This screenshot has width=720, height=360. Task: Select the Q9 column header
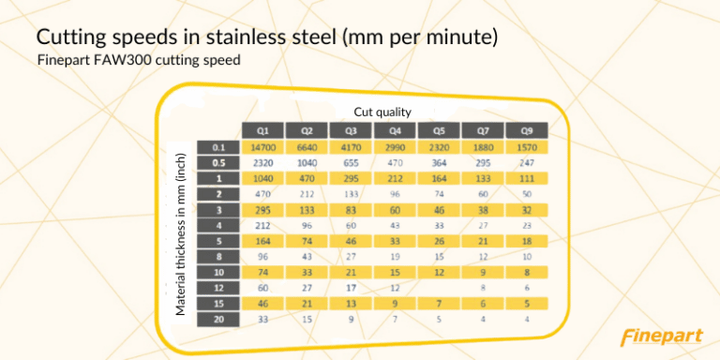point(526,130)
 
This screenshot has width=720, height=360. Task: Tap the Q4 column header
point(395,130)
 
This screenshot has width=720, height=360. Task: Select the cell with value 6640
point(307,147)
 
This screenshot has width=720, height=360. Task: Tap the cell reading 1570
point(526,147)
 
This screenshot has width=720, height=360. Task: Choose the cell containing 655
point(351,162)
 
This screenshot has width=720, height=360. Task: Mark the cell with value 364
point(439,162)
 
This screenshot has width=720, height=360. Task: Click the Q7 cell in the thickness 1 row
point(483,178)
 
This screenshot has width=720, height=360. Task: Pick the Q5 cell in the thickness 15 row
point(439,305)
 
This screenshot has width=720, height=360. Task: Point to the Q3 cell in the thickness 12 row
point(351,288)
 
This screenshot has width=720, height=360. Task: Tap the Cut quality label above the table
point(382,112)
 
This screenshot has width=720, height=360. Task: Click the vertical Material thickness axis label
point(182,234)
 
